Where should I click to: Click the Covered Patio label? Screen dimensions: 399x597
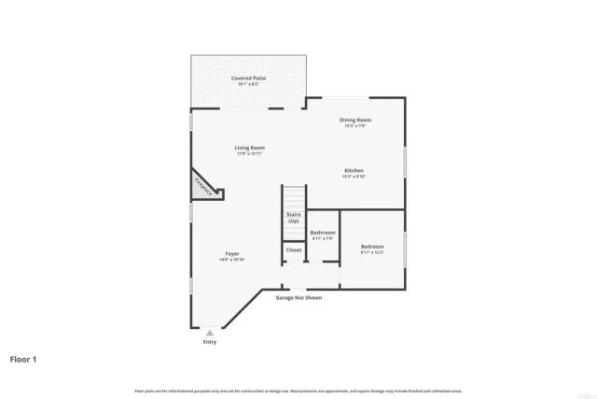249,78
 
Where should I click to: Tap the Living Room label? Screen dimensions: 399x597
249,148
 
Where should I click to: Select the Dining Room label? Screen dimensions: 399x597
354,120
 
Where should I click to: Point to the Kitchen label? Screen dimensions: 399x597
354,170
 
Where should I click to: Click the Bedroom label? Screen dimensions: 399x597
372,247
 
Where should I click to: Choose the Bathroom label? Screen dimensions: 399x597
323,232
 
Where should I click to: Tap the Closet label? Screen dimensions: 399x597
294,250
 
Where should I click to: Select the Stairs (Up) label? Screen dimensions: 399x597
293,219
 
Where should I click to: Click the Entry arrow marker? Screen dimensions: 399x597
209,332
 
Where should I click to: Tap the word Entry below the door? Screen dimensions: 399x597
209,342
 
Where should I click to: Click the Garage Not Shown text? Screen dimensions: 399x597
298,298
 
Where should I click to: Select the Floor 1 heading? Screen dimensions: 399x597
24,359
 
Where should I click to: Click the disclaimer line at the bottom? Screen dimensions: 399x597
298,391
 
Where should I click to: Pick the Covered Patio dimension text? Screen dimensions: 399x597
249,84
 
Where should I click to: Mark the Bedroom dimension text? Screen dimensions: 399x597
372,252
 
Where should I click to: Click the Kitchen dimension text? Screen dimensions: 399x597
354,176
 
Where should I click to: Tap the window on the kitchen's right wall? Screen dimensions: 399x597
405,162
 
